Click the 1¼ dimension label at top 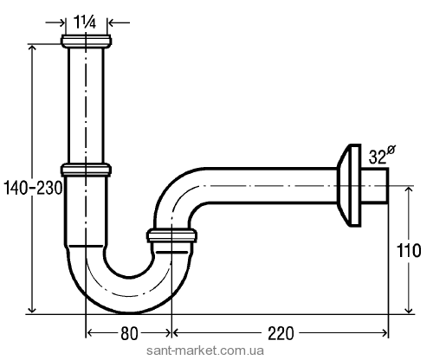coord(85,22)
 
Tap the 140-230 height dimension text coord(33,189)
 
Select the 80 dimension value coord(129,334)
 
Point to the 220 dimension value coord(281,333)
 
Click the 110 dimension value coord(409,250)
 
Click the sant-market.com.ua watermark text coord(205,350)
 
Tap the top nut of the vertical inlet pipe coord(86,42)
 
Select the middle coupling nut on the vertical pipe coord(86,170)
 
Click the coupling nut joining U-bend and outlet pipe coord(171,235)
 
